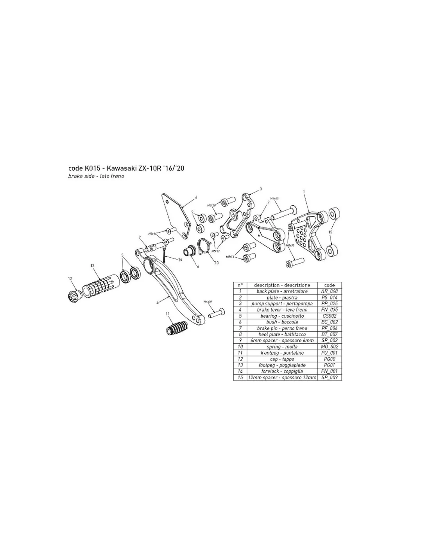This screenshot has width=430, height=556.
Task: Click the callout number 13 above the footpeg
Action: (92, 266)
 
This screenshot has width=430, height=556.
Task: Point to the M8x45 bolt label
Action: (274, 199)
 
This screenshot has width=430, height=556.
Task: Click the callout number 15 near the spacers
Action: (330, 231)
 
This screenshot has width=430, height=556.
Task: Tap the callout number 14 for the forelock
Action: (180, 260)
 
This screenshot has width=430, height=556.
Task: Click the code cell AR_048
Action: (329, 291)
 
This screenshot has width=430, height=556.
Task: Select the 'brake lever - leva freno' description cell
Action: (282, 310)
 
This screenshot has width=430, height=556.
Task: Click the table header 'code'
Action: (329, 285)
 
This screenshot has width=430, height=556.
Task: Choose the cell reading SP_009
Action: (329, 378)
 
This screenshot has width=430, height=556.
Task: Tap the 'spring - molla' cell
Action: (282, 347)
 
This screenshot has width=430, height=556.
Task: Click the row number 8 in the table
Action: (240, 334)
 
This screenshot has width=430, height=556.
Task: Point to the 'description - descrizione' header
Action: (282, 285)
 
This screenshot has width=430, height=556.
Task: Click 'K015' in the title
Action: (93, 169)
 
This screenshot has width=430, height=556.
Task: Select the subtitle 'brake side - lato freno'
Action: (96, 176)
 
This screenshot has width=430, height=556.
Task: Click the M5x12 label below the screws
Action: (215, 251)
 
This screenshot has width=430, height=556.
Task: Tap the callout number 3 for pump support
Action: (261, 189)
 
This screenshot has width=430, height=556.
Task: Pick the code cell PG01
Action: (329, 365)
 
